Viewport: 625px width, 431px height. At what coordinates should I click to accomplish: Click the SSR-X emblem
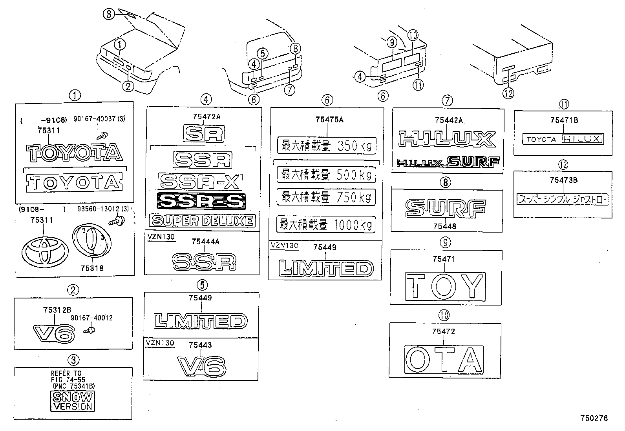[x=200, y=181]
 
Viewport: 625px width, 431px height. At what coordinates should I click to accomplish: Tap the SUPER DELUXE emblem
[x=202, y=220]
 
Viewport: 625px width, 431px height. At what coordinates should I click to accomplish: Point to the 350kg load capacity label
[x=326, y=145]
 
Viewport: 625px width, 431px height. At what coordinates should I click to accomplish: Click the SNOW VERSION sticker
[x=73, y=401]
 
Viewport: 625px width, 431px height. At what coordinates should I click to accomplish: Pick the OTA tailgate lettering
[x=444, y=358]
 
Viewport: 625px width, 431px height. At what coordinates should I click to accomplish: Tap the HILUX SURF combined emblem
[x=448, y=162]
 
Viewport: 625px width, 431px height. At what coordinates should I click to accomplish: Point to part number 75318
[x=92, y=268]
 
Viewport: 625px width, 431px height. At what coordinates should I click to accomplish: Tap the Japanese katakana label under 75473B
[x=563, y=199]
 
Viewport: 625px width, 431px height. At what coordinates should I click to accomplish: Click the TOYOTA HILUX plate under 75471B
[x=563, y=138]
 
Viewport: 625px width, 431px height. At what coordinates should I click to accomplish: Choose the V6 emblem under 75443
[x=201, y=366]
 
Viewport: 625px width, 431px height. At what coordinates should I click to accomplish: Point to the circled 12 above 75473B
[x=563, y=165]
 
